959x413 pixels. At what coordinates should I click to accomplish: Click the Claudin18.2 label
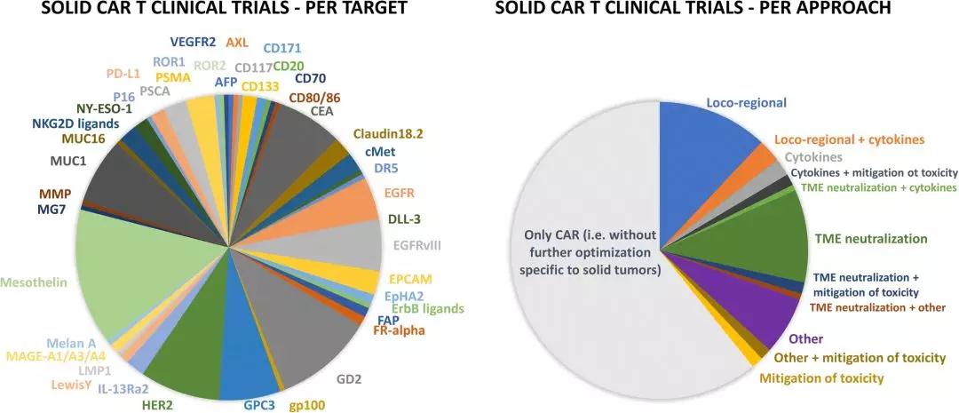tap(388, 133)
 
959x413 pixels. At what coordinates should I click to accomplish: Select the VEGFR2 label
tap(193, 41)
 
